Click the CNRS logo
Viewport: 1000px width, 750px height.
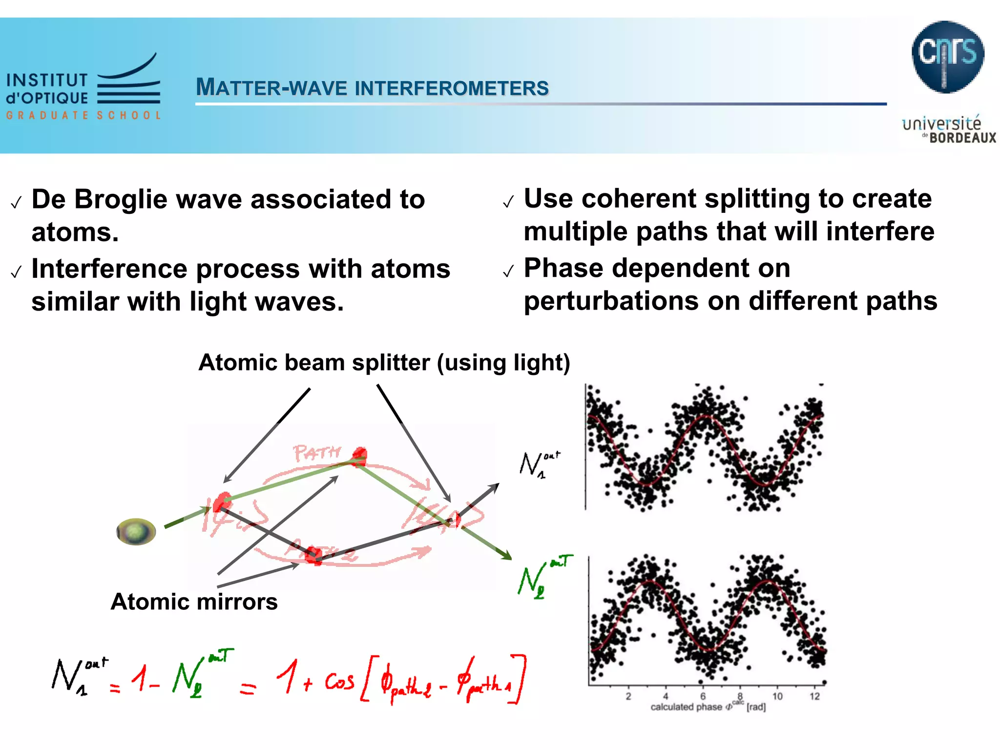click(x=947, y=57)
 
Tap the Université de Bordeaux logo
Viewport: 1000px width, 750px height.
click(x=947, y=130)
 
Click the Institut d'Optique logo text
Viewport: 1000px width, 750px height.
click(x=47, y=89)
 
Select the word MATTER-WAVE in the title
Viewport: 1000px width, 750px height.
click(x=271, y=88)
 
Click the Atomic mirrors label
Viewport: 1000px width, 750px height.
click(x=194, y=602)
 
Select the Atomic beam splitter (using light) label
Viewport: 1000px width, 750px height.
click(x=384, y=363)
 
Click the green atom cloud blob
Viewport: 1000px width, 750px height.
click(x=136, y=532)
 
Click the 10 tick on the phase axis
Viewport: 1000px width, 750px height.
click(x=777, y=696)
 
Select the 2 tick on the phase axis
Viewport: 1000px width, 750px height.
click(x=628, y=696)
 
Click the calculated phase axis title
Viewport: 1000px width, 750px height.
click(x=708, y=707)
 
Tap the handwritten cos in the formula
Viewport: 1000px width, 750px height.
click(x=340, y=681)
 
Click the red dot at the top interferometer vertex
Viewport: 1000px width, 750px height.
click(x=360, y=455)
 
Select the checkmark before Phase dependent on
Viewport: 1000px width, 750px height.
click(x=508, y=271)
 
